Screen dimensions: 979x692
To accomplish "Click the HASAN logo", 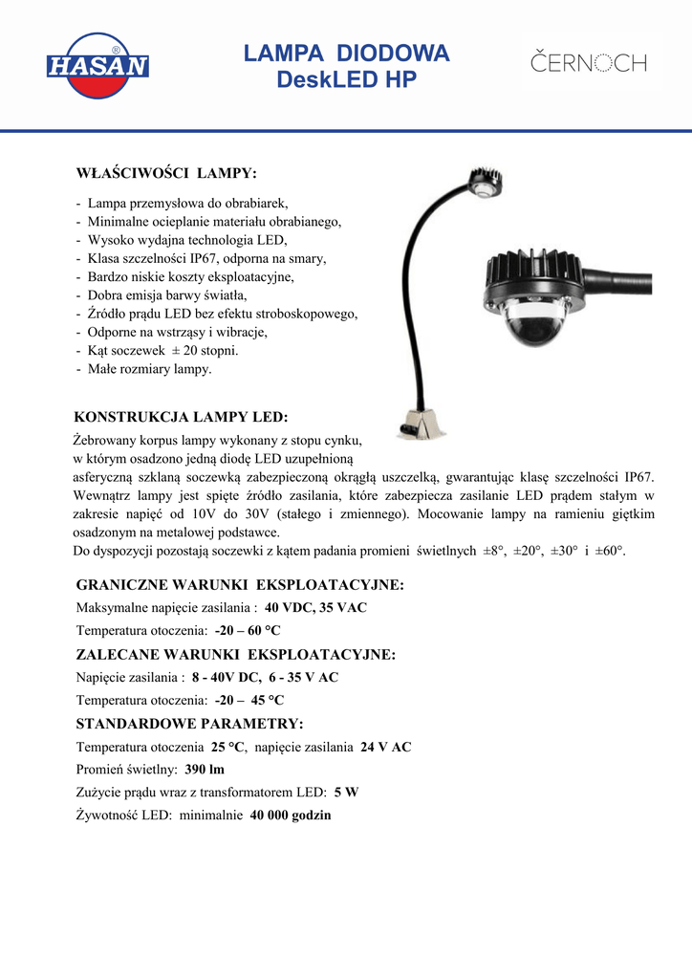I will coord(97,66).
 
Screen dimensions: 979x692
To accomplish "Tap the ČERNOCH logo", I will coord(589,64).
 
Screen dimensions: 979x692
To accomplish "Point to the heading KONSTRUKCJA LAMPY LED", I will coord(181,418).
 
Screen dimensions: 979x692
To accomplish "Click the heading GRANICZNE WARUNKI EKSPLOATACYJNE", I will coord(239,584).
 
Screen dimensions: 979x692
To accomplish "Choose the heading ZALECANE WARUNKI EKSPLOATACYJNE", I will coord(235,654).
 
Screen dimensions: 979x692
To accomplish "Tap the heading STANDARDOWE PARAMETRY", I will coord(189,723).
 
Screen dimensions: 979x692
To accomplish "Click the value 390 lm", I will coord(205,770).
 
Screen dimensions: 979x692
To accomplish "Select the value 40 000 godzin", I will coord(291,816).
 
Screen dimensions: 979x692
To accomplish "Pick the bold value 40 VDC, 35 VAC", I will coord(315,608).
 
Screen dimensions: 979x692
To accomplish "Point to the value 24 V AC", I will coord(385,747).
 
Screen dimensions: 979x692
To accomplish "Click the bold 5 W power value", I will coord(346,793).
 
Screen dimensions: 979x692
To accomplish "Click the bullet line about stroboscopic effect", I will coord(222,314).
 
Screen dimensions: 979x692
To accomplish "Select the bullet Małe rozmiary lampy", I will coord(149,369).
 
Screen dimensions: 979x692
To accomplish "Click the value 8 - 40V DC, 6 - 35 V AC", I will coord(265,677).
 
